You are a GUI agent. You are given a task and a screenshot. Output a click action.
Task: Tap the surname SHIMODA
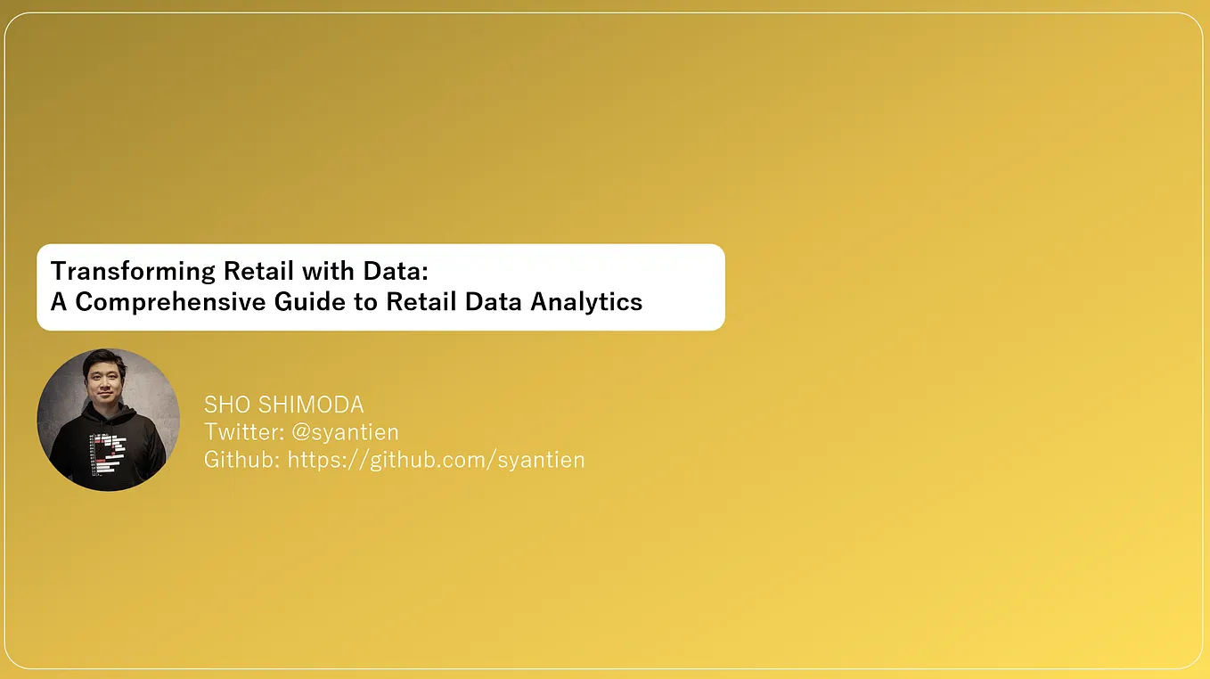(312, 405)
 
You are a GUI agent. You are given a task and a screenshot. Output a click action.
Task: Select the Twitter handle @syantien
(345, 432)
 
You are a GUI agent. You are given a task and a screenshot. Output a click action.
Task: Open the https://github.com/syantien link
(436, 460)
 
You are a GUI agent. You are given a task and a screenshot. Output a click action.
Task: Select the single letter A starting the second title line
(59, 301)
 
